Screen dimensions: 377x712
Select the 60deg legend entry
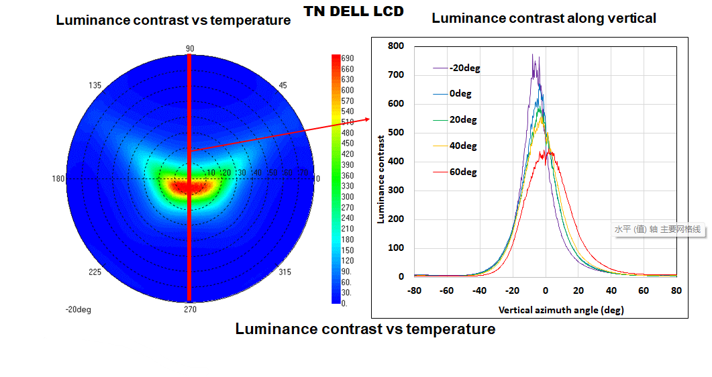(463, 172)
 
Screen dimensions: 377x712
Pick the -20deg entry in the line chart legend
(464, 68)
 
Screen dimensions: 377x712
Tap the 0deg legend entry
(460, 93)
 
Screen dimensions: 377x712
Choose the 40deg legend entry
(463, 146)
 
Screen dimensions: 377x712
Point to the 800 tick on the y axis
(396, 46)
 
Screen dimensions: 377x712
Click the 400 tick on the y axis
(396, 161)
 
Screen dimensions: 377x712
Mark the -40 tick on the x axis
(480, 290)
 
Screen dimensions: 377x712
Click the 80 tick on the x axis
(676, 290)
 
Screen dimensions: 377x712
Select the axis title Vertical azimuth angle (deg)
(561, 311)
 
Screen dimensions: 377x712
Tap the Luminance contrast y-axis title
(380, 179)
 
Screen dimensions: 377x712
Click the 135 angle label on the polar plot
(95, 85)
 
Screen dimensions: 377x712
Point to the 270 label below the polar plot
(190, 309)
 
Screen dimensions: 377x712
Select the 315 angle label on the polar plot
(285, 272)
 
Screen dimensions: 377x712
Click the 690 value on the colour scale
(348, 58)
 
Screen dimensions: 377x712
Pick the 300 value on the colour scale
(348, 197)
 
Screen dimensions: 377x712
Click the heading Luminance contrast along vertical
(544, 18)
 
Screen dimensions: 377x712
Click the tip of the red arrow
(370, 119)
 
